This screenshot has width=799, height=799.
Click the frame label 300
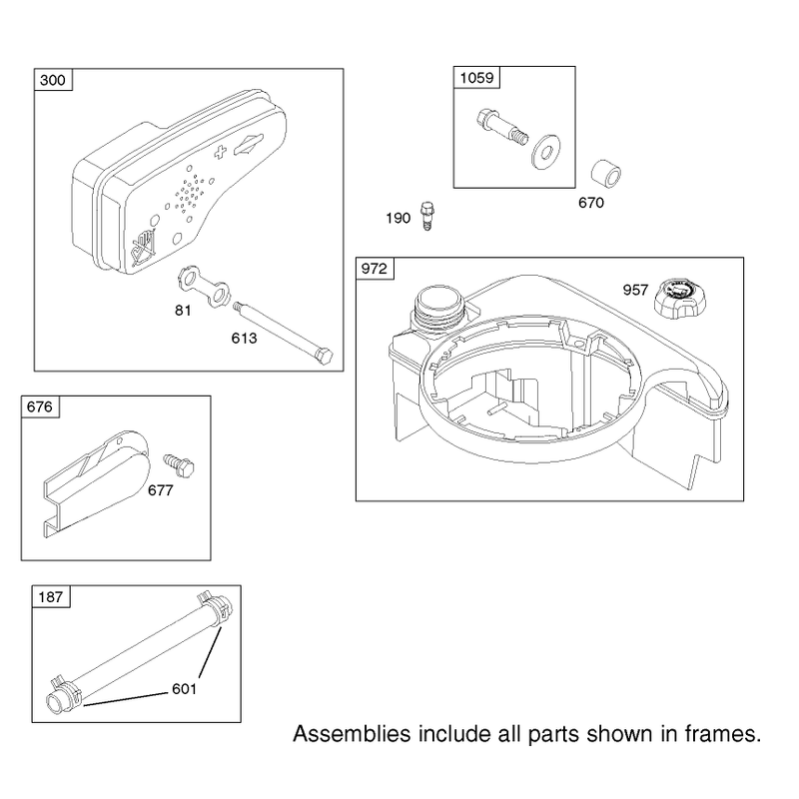53,80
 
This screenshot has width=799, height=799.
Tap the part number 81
183,311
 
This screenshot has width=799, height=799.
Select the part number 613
244,339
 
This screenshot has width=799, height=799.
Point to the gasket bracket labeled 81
205,286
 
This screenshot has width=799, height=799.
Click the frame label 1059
477,78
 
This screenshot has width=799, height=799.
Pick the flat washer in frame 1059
545,152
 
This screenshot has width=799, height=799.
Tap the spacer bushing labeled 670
606,175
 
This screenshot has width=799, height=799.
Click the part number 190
398,218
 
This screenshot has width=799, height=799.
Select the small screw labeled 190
427,216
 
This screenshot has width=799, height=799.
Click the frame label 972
375,269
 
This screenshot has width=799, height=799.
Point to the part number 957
635,290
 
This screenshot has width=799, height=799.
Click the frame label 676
40,406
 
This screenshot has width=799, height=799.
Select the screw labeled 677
180,464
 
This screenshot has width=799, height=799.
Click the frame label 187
51,596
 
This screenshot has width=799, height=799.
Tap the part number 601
184,689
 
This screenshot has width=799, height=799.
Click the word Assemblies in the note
352,734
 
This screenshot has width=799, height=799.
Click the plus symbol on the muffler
219,152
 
